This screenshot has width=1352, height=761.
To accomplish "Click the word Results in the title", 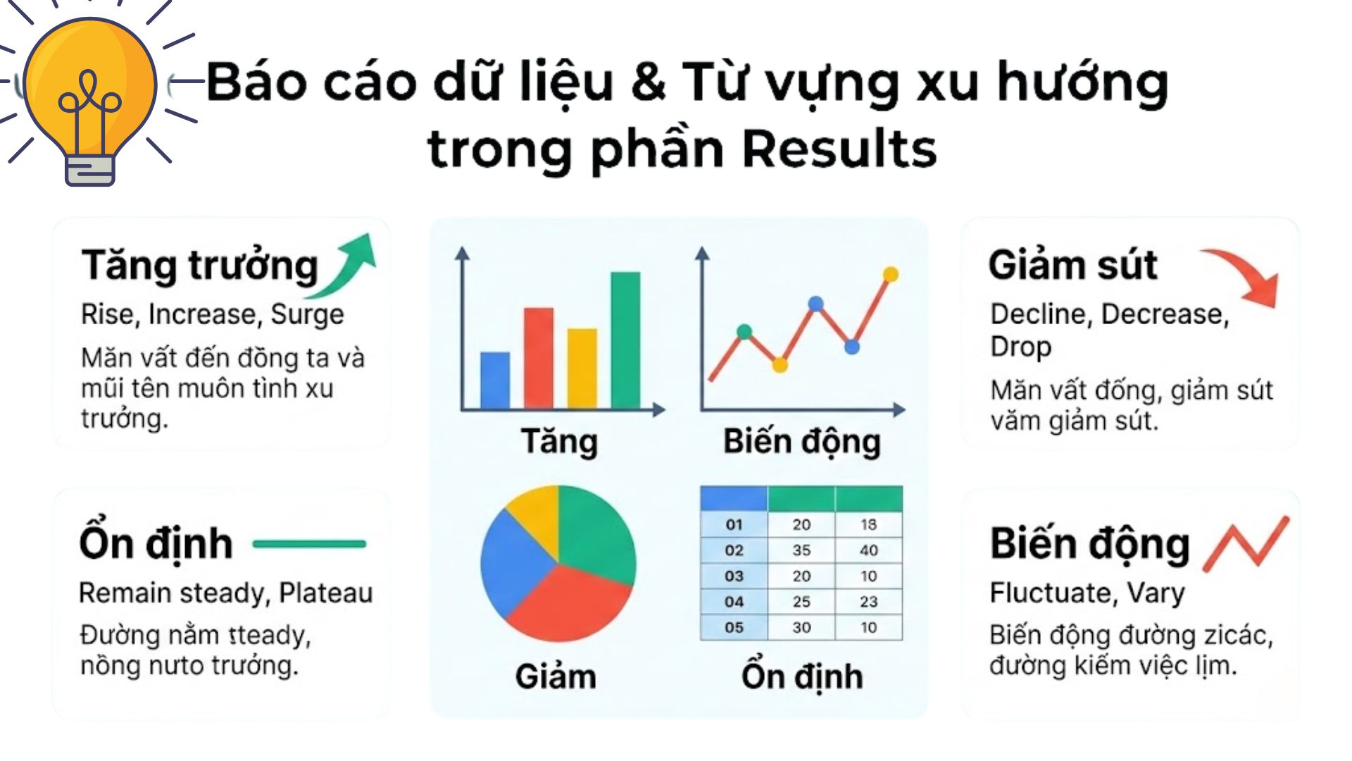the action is point(839,149).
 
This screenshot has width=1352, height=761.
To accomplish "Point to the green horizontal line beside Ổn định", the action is point(309,544).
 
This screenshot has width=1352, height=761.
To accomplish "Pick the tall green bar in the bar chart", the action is point(625,340).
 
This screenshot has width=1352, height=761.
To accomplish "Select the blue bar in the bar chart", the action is point(495,380).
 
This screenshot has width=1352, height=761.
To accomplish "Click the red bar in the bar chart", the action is point(539,359).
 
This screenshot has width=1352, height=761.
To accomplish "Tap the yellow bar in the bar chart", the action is point(582,369).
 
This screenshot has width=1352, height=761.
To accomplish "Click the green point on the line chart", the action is point(744,332).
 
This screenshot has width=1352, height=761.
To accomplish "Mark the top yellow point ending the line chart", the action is point(891,274).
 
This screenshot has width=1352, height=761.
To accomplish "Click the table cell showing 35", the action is point(801,550).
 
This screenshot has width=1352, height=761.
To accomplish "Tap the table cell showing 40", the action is point(869,550).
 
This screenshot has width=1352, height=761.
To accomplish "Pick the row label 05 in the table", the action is point(734,627).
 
